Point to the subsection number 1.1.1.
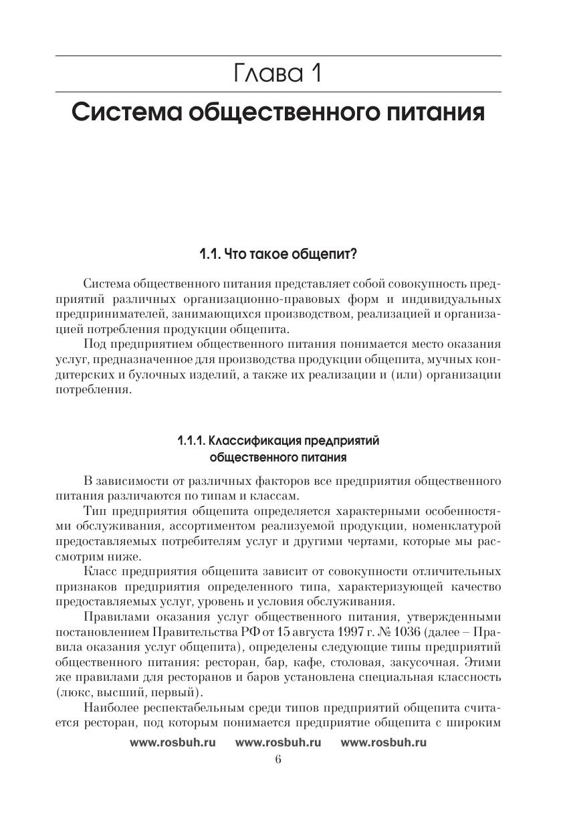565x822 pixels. click(x=191, y=441)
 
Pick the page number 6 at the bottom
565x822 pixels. click(x=277, y=759)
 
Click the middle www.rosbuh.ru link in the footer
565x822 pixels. click(x=278, y=742)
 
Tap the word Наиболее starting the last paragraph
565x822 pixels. click(x=110, y=708)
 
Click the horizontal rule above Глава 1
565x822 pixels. click(x=277, y=56)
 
